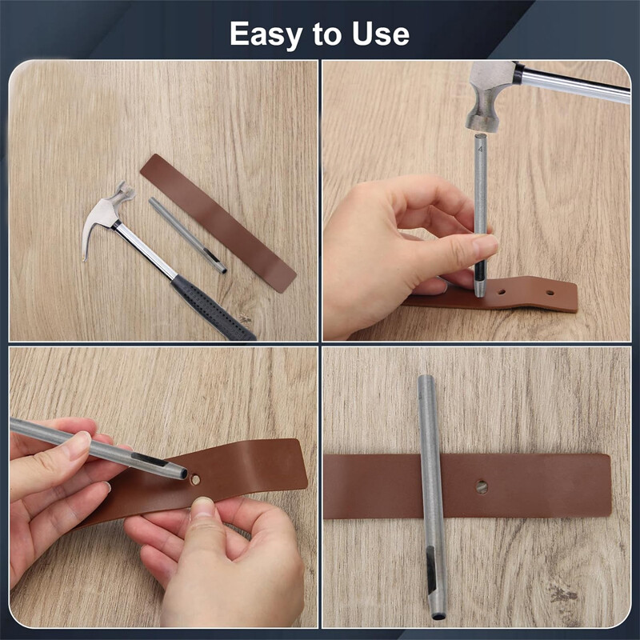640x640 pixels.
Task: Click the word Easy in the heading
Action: click(x=265, y=34)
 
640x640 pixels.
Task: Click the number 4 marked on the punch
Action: click(x=480, y=148)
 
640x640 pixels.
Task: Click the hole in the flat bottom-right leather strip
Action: click(x=481, y=486)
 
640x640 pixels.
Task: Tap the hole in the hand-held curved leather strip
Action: click(x=196, y=480)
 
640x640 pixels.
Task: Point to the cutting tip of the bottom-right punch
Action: click(x=438, y=614)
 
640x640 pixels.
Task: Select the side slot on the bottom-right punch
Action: click(x=431, y=567)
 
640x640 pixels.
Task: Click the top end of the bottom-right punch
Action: click(x=425, y=380)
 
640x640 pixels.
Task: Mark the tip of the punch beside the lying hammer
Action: click(x=222, y=270)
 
